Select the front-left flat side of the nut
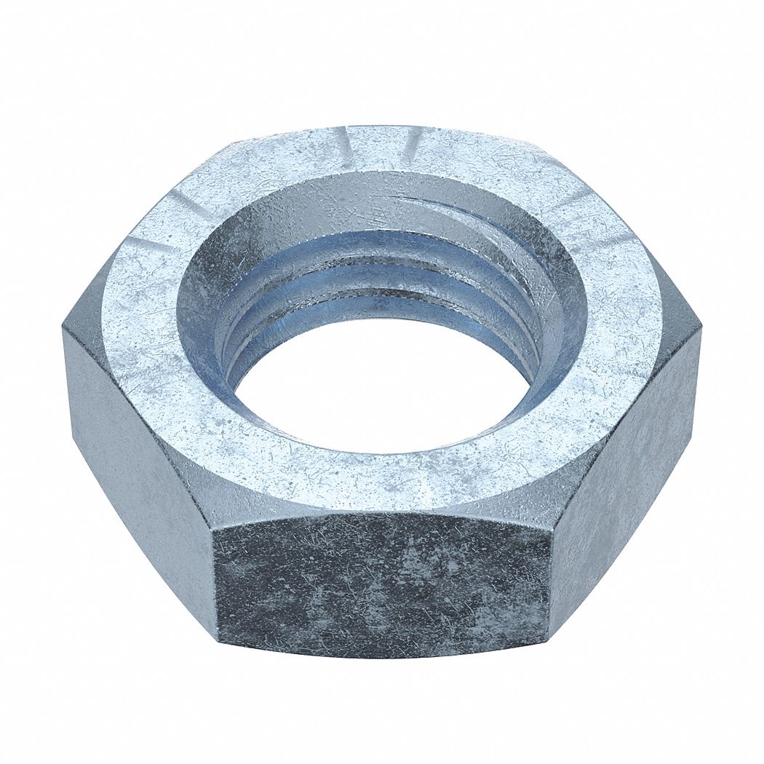pos(138,466)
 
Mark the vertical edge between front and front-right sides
pos(551,575)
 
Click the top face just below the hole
pos(378,473)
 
